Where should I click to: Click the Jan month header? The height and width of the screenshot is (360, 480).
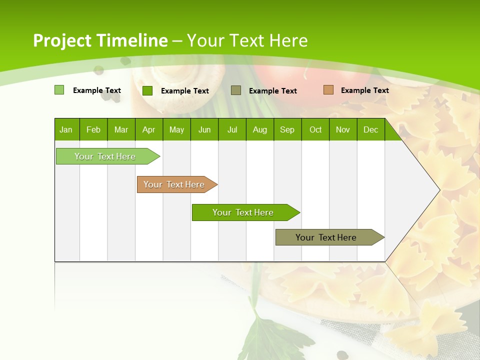pyautogui.click(x=66, y=129)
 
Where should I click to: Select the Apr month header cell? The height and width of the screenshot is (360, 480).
pyautogui.click(x=149, y=129)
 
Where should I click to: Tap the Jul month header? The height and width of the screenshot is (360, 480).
pyautogui.click(x=232, y=129)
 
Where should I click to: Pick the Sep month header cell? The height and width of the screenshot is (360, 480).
pyautogui.click(x=287, y=129)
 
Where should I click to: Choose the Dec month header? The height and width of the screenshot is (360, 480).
pyautogui.click(x=370, y=129)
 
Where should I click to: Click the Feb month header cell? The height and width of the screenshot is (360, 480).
pyautogui.click(x=93, y=129)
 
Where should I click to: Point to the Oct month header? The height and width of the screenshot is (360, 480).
pyautogui.click(x=315, y=129)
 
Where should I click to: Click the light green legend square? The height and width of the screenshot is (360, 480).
pyautogui.click(x=59, y=90)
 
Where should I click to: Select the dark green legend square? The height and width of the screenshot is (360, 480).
pyautogui.click(x=147, y=90)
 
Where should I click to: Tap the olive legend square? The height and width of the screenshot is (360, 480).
pyautogui.click(x=236, y=90)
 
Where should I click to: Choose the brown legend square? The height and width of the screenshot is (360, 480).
pyautogui.click(x=328, y=90)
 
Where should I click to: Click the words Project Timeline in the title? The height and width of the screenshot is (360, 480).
pyautogui.click(x=100, y=40)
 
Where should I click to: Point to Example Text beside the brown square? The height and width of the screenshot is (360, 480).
pyautogui.click(x=364, y=90)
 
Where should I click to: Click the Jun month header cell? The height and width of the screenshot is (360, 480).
pyautogui.click(x=204, y=129)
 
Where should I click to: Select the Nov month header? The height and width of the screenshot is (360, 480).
pyautogui.click(x=343, y=129)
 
